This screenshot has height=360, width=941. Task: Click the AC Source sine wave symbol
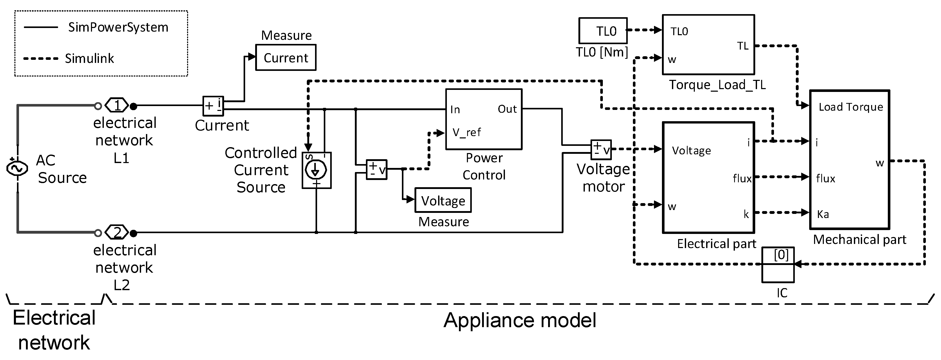[x=17, y=168]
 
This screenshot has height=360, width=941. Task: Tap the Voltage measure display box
[x=443, y=201]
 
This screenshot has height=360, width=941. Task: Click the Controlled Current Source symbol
[x=316, y=170]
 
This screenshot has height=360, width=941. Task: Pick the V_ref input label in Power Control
[x=466, y=132]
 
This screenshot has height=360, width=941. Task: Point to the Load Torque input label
[x=851, y=107]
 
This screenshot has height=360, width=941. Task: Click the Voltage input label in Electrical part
[x=691, y=150]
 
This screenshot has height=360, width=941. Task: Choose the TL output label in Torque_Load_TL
[x=743, y=46]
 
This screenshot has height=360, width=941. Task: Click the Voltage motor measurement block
[x=601, y=149]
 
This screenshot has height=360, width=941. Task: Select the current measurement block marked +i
[x=213, y=106]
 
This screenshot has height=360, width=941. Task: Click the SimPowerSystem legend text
[x=118, y=27]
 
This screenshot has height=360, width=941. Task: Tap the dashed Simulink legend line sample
[x=41, y=59]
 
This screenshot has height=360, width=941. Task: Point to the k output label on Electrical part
[x=746, y=214]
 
